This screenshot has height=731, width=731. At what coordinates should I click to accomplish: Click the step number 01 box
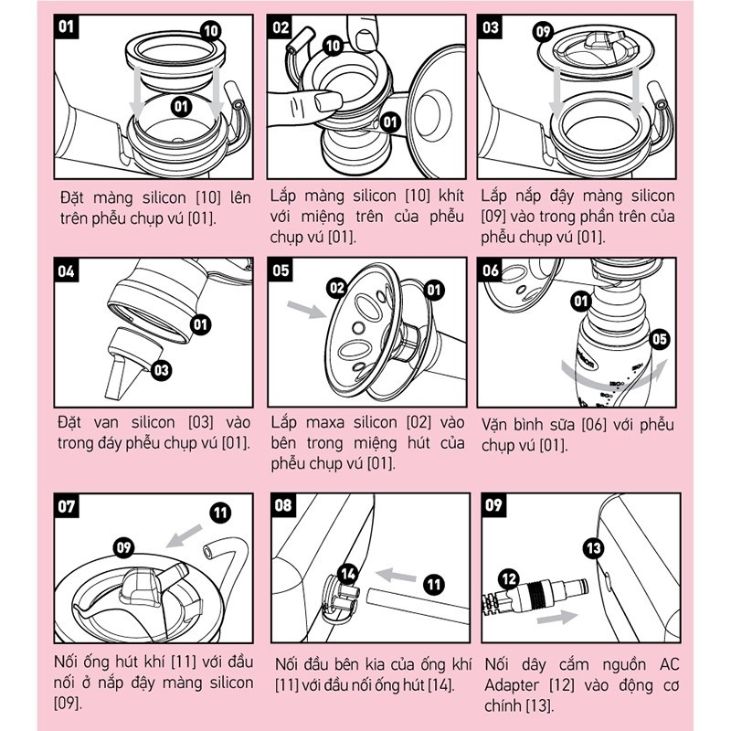(x=66, y=26)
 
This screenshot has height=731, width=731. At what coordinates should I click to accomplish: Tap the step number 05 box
(x=281, y=270)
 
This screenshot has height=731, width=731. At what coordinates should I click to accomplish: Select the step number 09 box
(x=493, y=505)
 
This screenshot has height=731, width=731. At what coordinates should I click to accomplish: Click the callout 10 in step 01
(x=211, y=31)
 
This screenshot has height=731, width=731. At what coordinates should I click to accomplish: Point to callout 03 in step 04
(x=162, y=371)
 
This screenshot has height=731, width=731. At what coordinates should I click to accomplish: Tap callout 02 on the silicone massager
(x=337, y=289)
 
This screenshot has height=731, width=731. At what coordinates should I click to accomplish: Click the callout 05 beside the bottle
(x=659, y=339)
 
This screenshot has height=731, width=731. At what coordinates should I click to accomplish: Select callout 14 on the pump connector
(x=348, y=574)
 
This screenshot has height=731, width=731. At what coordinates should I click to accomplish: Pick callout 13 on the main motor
(x=593, y=547)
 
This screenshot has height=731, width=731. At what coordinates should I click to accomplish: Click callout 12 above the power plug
(x=509, y=578)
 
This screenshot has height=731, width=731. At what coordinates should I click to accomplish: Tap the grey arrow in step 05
(x=306, y=309)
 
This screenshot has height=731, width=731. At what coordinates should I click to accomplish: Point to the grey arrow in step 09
(x=557, y=618)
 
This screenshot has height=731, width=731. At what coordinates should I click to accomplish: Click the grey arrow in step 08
(x=396, y=576)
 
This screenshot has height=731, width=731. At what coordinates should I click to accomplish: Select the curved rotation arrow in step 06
(x=613, y=372)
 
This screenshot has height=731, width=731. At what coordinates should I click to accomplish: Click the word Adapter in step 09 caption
(x=511, y=685)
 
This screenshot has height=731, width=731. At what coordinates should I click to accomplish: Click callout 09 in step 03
(x=543, y=32)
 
